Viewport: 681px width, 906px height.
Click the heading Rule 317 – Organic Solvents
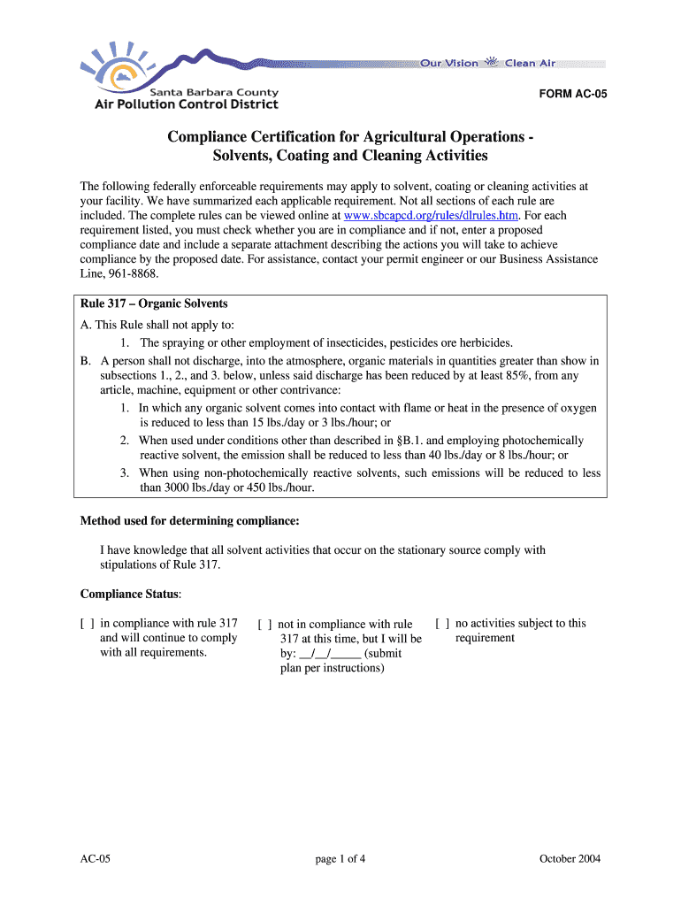(x=154, y=303)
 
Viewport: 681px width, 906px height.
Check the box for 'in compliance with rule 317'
(x=87, y=624)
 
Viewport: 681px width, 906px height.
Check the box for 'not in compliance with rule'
(x=264, y=625)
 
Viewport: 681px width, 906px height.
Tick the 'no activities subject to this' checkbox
(x=442, y=624)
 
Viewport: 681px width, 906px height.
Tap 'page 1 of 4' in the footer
(x=340, y=859)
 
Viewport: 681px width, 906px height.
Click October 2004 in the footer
(x=570, y=859)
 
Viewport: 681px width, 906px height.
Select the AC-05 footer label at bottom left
(x=94, y=859)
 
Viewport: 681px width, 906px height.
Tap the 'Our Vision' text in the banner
(x=448, y=64)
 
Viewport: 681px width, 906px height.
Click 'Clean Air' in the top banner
(x=531, y=64)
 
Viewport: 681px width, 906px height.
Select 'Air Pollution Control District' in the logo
(x=186, y=104)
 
